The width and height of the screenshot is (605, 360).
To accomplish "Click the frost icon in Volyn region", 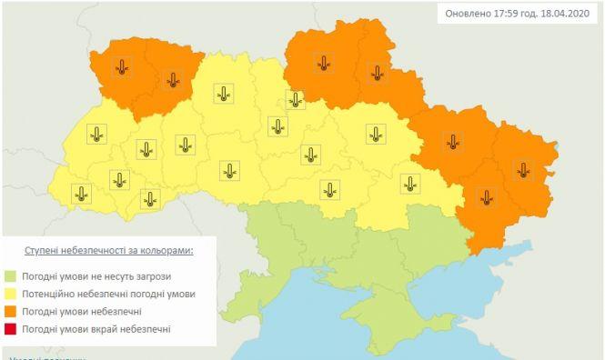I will pos(122,65).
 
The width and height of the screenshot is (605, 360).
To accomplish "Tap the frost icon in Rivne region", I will pos(172,79).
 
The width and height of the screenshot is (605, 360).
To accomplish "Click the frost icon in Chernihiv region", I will pos(323,62).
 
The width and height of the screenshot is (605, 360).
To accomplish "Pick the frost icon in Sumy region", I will pos(376,74).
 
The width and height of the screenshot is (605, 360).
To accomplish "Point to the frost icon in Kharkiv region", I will pos(452,141).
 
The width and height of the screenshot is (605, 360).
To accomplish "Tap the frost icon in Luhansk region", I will pos(522,168).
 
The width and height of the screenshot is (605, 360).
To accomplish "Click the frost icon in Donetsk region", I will pos(488,195).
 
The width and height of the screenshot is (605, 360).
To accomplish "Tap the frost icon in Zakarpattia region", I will pos(82,193).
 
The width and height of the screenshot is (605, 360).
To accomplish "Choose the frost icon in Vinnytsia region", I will pos(229,169).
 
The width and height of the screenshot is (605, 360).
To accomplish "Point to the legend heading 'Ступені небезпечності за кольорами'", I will pos(108,248).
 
